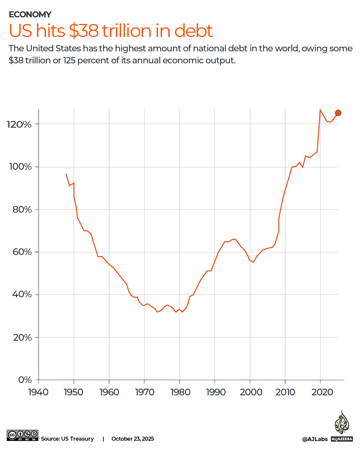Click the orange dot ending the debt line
pyautogui.click(x=338, y=113)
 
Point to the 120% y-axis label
pyautogui.click(x=19, y=124)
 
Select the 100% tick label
pyautogui.click(x=20, y=167)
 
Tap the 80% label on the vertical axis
pyautogui.click(x=22, y=209)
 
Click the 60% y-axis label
pyautogui.click(x=22, y=252)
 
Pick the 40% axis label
pyautogui.click(x=22, y=294)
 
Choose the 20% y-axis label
pyautogui.click(x=22, y=337)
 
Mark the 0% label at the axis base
pyautogui.click(x=25, y=380)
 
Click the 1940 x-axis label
pyautogui.click(x=38, y=392)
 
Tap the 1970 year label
pyautogui.click(x=145, y=392)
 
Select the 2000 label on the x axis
pyautogui.click(x=251, y=392)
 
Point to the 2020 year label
pyautogui.click(x=322, y=392)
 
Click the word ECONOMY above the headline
pyautogui.click(x=30, y=14)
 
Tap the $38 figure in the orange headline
pyautogui.click(x=84, y=31)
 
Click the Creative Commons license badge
pyautogui.click(x=22, y=435)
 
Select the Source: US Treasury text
pyautogui.click(x=67, y=439)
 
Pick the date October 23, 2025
pyautogui.click(x=133, y=439)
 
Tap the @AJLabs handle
pyautogui.click(x=315, y=439)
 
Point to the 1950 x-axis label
pyautogui.click(x=74, y=392)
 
